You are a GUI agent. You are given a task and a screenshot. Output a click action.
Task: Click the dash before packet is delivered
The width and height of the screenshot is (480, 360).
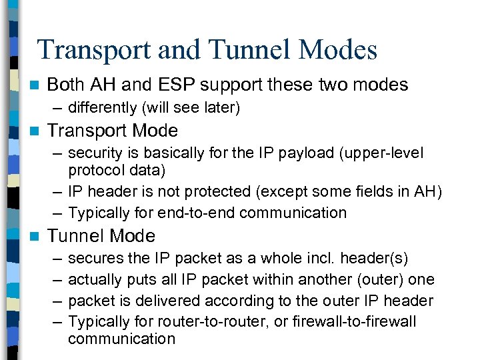(55, 301)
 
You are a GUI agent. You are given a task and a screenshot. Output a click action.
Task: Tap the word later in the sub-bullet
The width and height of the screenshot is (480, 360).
(215, 107)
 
